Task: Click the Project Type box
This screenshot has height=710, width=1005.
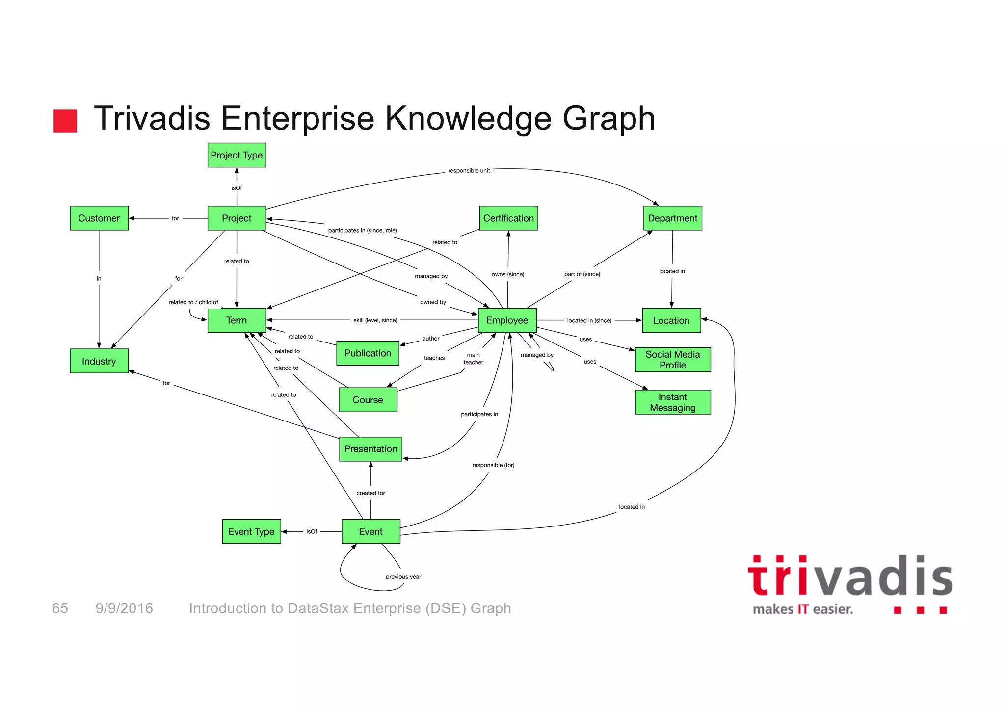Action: tap(237, 155)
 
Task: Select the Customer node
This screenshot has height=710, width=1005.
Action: tap(99, 218)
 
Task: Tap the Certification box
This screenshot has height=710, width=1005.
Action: tap(508, 218)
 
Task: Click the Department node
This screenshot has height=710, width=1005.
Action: tap(672, 218)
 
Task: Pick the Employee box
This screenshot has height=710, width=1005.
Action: tap(507, 320)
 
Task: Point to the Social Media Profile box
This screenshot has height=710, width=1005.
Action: tap(673, 360)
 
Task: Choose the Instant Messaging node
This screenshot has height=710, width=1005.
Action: tap(673, 402)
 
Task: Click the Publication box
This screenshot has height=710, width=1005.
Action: tap(368, 353)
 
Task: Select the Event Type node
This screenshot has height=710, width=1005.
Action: tap(251, 531)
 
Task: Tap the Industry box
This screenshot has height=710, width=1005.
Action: tap(99, 361)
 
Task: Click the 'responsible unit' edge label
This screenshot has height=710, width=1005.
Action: tap(469, 171)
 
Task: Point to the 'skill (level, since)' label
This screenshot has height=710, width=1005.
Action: tap(375, 320)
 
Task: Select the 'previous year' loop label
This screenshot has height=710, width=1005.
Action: tap(403, 577)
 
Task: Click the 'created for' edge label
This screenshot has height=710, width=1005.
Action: tap(370, 493)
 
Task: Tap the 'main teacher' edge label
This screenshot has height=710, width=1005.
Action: tap(473, 359)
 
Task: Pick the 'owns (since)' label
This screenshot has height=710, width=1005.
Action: tap(507, 274)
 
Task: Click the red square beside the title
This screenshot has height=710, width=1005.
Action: tap(65, 121)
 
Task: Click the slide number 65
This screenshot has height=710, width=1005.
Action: tap(60, 608)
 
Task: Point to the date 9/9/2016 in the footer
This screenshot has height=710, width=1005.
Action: tap(124, 608)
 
